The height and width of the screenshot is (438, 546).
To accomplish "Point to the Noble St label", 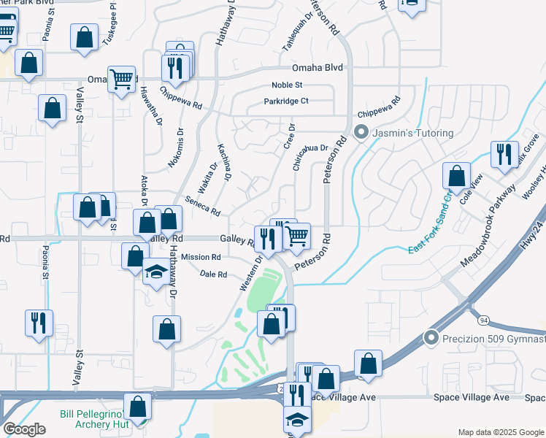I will click(x=287, y=85).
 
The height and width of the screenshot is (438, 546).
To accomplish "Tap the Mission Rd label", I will click(x=201, y=257).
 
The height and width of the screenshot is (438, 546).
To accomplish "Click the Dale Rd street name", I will click(x=213, y=274).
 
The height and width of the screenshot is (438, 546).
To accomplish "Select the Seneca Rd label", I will click(x=203, y=207).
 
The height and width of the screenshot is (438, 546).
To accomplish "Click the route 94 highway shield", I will click(x=483, y=320).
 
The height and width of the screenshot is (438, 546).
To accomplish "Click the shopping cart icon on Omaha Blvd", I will click(x=122, y=78).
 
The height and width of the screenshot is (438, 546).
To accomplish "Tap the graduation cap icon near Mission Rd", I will click(x=155, y=272).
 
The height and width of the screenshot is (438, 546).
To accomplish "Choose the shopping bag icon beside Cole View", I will click(x=456, y=176).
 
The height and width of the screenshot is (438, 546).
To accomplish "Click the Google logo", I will click(x=24, y=429).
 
